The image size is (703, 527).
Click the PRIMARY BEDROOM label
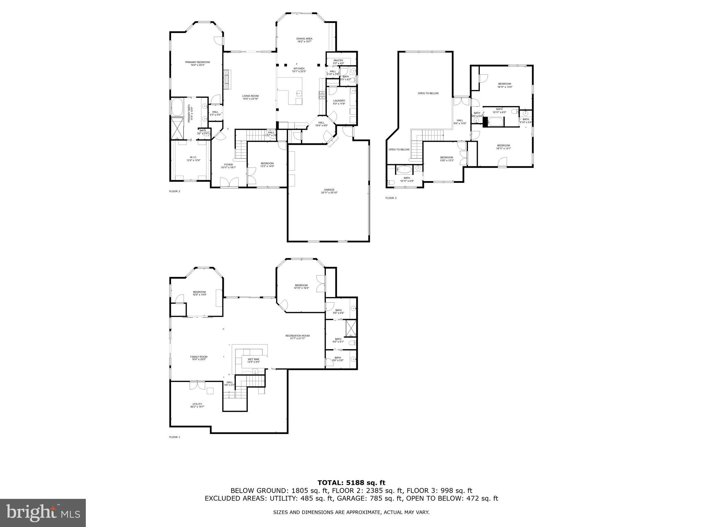click(197, 62)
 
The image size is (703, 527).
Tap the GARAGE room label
click(329, 190)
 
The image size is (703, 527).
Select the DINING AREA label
click(304, 38)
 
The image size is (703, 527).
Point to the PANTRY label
click(338, 60)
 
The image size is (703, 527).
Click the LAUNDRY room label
click(339, 101)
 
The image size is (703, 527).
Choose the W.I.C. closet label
click(193, 157)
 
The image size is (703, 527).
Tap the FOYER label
click(228, 165)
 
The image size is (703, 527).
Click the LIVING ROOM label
click(250, 96)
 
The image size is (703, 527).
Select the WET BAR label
click(254, 359)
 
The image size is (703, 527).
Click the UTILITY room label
click(197, 404)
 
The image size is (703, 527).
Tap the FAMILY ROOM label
click(199, 357)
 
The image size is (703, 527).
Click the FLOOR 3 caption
click(391, 198)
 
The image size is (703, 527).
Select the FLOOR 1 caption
click(174, 437)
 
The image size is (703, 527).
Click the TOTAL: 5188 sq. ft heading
click(351, 483)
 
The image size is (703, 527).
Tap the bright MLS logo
click(43, 513)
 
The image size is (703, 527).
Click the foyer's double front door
click(229, 182)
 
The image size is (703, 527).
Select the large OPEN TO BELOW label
click(428, 93)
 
